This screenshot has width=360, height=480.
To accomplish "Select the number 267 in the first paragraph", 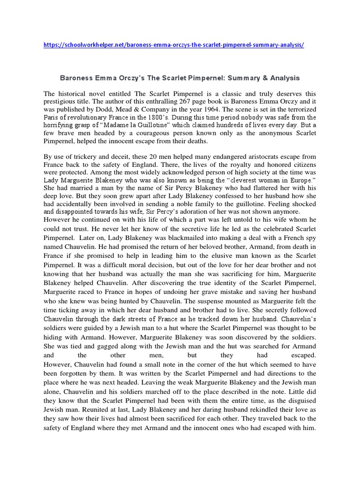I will point(171,100).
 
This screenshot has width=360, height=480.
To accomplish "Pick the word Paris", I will point(51,117).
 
